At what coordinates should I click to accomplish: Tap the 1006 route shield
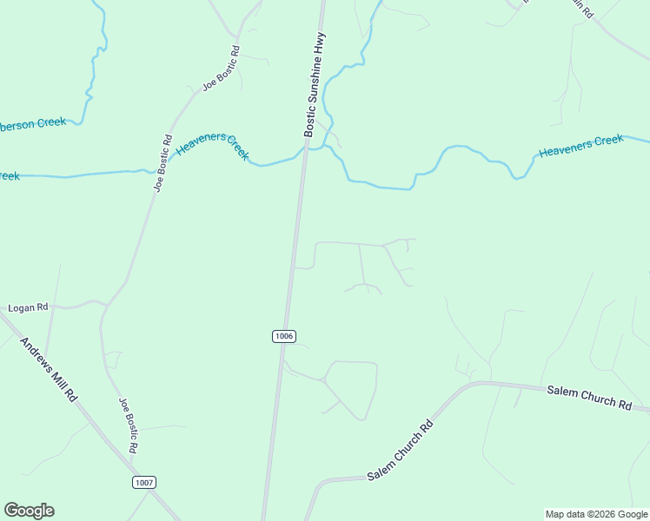tap(284, 336)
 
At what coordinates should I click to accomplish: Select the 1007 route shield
tap(145, 482)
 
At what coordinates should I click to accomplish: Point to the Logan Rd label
tap(28, 307)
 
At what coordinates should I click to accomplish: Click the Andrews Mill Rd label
tap(49, 368)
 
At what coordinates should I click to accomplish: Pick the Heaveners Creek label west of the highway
tap(213, 146)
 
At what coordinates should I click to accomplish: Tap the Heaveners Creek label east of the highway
tap(580, 146)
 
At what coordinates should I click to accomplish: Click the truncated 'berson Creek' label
tap(33, 123)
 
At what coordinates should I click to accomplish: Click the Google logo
tap(29, 511)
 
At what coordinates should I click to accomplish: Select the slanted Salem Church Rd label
tap(400, 452)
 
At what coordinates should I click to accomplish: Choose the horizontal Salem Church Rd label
tap(588, 397)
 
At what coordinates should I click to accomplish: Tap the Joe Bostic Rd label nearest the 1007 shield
tap(128, 425)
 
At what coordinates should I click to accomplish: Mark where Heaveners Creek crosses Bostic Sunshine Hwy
tap(303, 152)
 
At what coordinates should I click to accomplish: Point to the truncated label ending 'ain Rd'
tap(580, 10)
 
